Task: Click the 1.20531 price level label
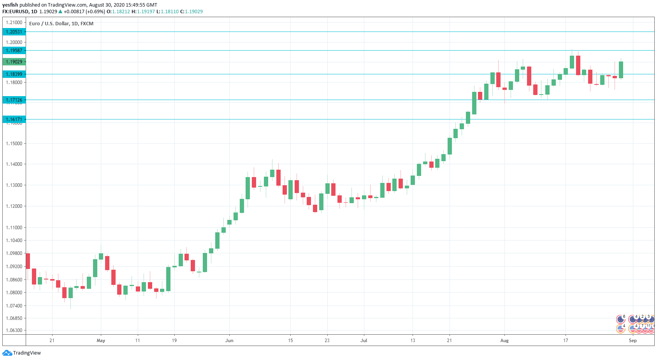tap(14, 32)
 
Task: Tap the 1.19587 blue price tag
tap(14, 51)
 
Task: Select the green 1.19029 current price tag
tap(14, 62)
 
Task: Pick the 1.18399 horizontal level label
tap(14, 74)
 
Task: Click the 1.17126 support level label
tap(14, 100)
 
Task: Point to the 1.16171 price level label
tap(14, 119)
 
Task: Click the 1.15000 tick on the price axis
tap(14, 144)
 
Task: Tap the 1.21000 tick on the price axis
tap(14, 23)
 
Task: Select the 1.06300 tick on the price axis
tap(14, 330)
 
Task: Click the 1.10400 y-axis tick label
tap(14, 241)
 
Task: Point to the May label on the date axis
tap(101, 341)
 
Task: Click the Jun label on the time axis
tap(229, 341)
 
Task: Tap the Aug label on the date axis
tap(504, 341)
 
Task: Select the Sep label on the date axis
tap(633, 341)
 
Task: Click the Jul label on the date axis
tap(364, 341)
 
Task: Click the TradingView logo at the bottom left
tap(22, 353)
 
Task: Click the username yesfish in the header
tap(10, 5)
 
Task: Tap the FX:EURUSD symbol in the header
tap(16, 12)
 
